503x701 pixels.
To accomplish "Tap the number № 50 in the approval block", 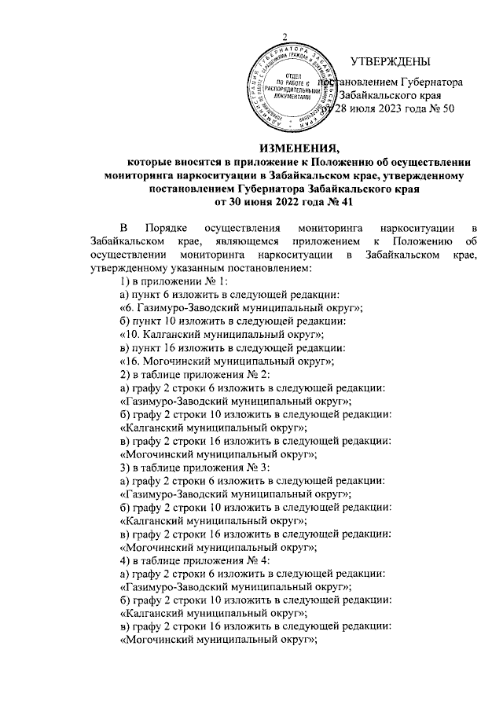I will [439, 109].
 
